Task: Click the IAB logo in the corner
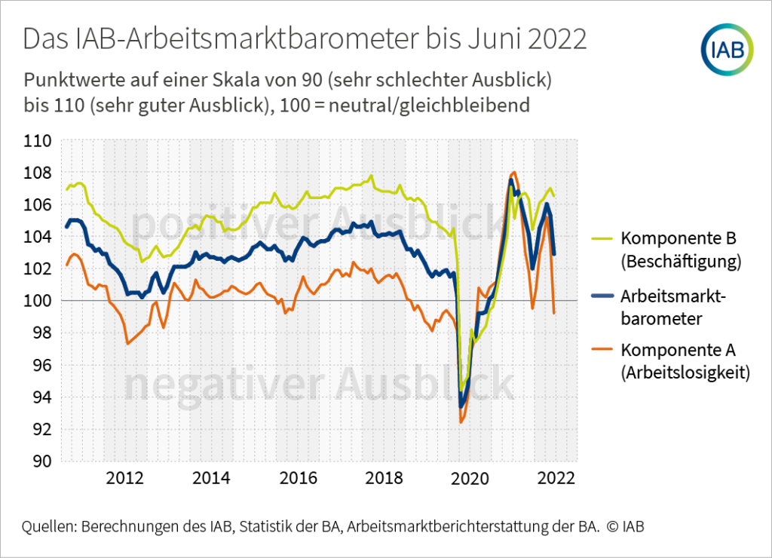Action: pos(728,49)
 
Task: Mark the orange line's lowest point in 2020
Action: pos(461,422)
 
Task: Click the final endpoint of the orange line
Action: pos(555,313)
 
